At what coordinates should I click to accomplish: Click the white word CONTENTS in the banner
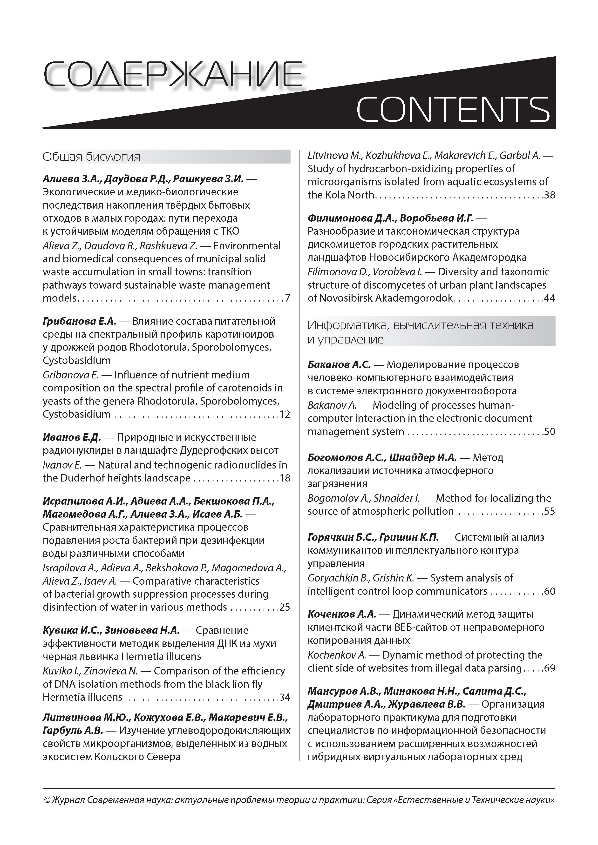point(453,109)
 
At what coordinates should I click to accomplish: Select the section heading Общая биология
point(92,157)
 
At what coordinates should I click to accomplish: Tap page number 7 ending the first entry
point(287,298)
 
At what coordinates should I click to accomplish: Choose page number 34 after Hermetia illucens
point(285,697)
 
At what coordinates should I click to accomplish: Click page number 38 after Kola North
point(549,195)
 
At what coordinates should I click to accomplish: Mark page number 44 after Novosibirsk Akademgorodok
point(549,298)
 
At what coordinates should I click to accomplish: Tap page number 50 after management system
point(549,431)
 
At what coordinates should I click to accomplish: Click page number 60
point(549,591)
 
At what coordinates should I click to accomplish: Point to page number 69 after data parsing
point(549,668)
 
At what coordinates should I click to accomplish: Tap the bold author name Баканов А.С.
point(339,364)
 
